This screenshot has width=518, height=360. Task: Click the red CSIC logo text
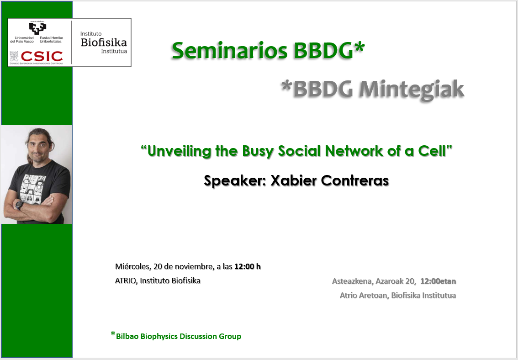tap(42, 57)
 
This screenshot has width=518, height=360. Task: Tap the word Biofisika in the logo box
tap(104, 42)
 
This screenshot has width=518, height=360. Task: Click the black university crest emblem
tap(37, 28)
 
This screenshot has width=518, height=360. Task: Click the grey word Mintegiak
tap(412, 90)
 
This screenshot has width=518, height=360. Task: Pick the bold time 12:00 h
tap(248, 266)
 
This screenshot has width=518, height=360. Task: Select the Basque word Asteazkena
tap(352, 281)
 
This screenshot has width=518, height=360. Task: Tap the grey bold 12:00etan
tap(438, 281)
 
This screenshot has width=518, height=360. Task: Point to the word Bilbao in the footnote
tap(127, 336)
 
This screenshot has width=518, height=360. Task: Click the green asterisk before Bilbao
tap(113, 334)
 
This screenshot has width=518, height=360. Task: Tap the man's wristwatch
tap(20, 205)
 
